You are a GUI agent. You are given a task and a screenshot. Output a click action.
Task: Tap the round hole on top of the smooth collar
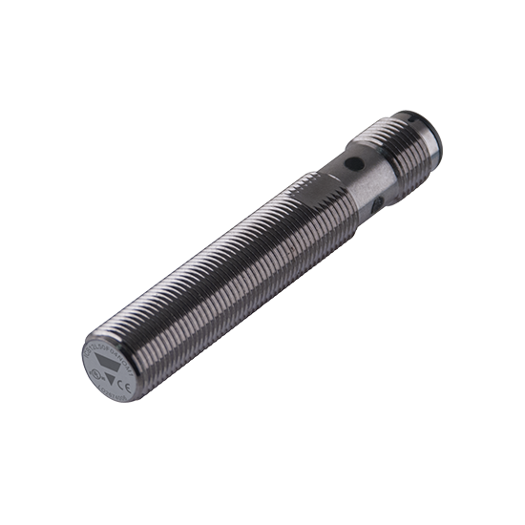(355, 164)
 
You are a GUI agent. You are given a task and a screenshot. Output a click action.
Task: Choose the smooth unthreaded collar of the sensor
(348, 186)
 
